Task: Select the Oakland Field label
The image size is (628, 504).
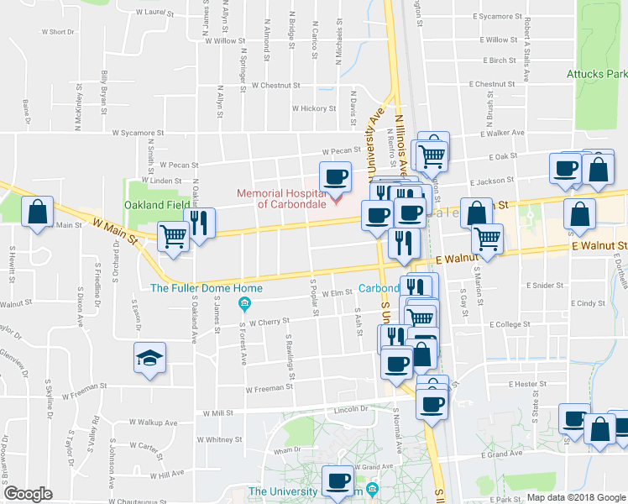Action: coord(154,205)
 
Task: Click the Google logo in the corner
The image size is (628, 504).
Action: coord(29,493)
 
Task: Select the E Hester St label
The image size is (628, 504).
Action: coord(528,383)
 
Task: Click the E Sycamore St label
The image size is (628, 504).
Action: coord(497,16)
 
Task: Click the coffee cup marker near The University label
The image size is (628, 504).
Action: coord(339,480)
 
